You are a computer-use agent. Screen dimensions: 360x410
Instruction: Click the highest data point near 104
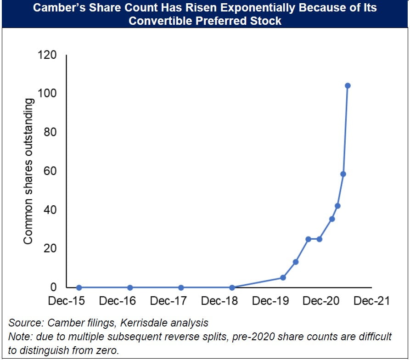click(348, 86)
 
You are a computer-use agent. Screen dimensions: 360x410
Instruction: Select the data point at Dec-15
click(79, 287)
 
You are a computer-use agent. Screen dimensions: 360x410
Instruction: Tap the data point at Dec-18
click(232, 287)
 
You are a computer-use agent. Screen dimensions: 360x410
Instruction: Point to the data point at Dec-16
click(130, 287)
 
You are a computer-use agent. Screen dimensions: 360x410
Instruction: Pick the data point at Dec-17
click(181, 287)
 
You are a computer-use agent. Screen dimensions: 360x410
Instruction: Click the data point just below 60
click(343, 174)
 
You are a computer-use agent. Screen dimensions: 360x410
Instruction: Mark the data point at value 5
click(283, 277)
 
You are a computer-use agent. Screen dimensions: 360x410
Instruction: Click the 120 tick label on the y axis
click(47, 55)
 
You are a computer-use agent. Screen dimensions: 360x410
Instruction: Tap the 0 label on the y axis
click(53, 287)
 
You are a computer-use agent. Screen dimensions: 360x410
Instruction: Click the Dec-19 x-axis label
click(270, 301)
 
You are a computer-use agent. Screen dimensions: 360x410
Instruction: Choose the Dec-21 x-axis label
click(372, 301)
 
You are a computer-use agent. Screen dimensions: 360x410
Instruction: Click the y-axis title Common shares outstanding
click(28, 171)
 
